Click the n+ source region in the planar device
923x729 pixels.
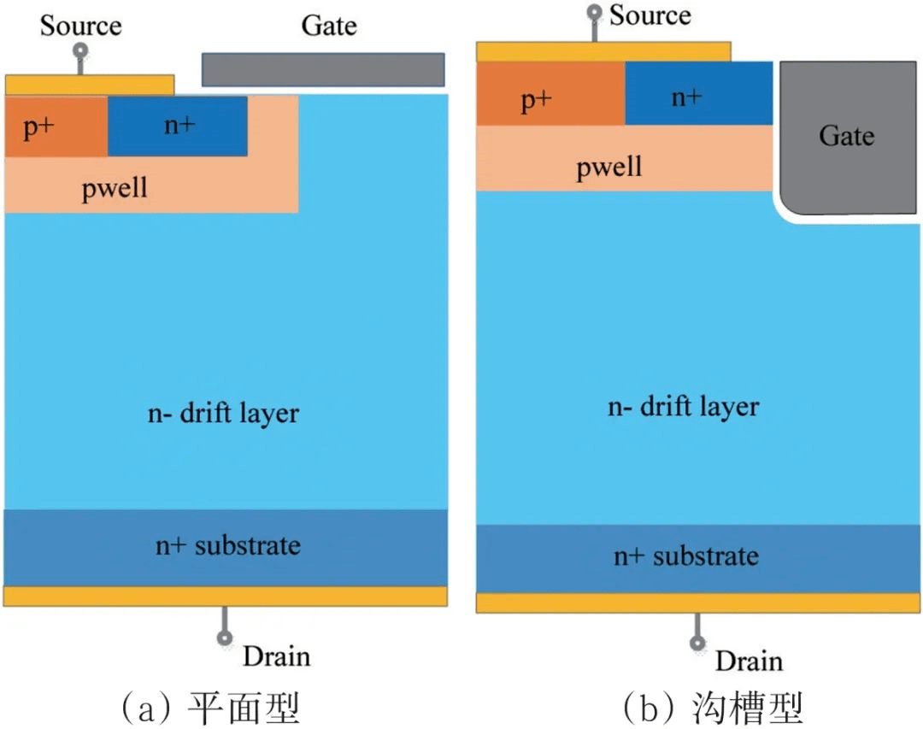click(178, 126)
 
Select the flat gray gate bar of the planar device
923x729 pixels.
click(323, 69)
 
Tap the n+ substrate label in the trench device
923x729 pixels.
click(686, 556)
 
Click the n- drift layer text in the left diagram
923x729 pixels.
click(224, 414)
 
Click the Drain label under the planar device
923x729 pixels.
click(276, 656)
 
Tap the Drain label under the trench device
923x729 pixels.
click(749, 661)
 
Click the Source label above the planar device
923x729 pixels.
click(81, 25)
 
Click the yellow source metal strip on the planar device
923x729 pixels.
click(90, 85)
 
